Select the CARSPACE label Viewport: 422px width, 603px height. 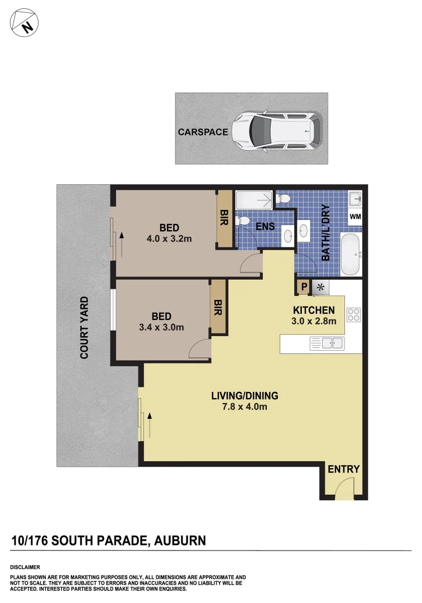pyautogui.click(x=203, y=132)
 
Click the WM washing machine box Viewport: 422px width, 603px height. pyautogui.click(x=355, y=216)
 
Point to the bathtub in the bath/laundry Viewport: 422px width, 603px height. pyautogui.click(x=351, y=255)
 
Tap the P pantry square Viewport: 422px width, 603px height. pyautogui.click(x=304, y=288)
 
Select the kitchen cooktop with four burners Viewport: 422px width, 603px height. pyautogui.click(x=354, y=315)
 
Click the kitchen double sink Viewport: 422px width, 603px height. pyautogui.click(x=326, y=343)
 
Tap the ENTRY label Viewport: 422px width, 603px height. pyautogui.click(x=343, y=470)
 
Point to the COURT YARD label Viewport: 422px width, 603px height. pyautogui.click(x=85, y=327)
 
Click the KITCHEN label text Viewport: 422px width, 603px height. pyautogui.click(x=314, y=310)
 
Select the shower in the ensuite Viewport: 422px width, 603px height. pyautogui.click(x=255, y=199)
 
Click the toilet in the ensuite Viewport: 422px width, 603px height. pyautogui.click(x=244, y=222)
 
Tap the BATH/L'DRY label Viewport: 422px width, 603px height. pyautogui.click(x=327, y=233)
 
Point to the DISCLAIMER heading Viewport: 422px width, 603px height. pyautogui.click(x=25, y=567)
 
